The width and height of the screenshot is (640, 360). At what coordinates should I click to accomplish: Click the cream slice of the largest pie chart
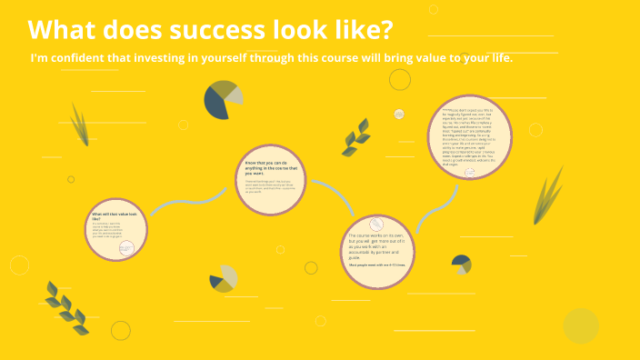pyautogui.click(x=235, y=95)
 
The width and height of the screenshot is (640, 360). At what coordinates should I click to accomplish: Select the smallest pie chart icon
pyautogui.click(x=462, y=265)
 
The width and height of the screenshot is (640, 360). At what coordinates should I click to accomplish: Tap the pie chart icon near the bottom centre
pyautogui.click(x=223, y=279)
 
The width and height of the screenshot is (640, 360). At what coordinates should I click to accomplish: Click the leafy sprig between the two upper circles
pyautogui.click(x=355, y=137)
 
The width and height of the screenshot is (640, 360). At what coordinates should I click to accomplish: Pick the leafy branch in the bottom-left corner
pyautogui.click(x=66, y=307)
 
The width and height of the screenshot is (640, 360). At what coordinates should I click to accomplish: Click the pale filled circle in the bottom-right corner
pyautogui.click(x=580, y=325)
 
